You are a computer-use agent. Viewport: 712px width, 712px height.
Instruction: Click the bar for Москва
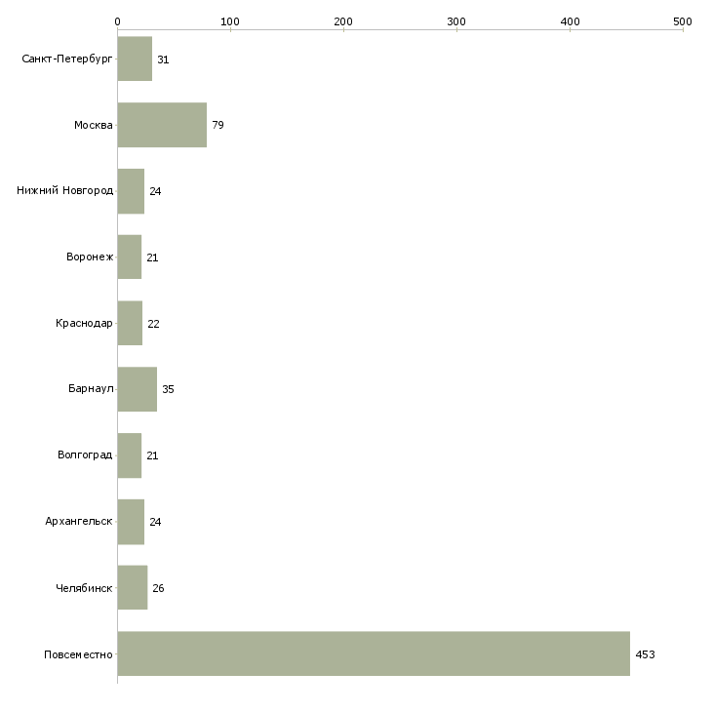(x=162, y=125)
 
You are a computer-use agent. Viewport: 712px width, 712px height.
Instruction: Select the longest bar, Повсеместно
(x=374, y=653)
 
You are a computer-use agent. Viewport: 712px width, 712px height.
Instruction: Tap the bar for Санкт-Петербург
(x=135, y=59)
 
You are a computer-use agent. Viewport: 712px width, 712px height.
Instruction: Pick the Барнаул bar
(x=138, y=389)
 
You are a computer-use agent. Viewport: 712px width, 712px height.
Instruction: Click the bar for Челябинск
(x=133, y=587)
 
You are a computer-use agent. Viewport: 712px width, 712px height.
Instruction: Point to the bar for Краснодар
(x=130, y=323)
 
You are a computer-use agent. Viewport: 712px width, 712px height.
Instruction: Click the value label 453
(x=645, y=654)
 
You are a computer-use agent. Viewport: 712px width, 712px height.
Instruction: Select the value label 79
(x=218, y=125)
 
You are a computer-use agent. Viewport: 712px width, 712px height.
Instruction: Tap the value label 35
(x=168, y=389)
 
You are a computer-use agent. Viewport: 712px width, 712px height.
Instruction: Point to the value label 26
(x=158, y=588)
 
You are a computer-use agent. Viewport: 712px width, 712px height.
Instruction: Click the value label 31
(x=163, y=59)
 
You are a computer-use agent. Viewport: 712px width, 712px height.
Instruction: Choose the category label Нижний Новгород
(x=65, y=190)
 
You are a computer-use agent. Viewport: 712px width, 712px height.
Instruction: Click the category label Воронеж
(x=90, y=257)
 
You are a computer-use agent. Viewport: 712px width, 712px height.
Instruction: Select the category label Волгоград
(x=85, y=455)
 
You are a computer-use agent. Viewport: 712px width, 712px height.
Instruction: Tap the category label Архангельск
(x=79, y=521)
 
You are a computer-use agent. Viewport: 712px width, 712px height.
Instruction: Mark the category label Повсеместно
(x=78, y=654)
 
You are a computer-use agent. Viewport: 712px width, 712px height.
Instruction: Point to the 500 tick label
(x=683, y=21)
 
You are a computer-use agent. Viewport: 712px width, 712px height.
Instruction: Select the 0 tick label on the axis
(x=118, y=21)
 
